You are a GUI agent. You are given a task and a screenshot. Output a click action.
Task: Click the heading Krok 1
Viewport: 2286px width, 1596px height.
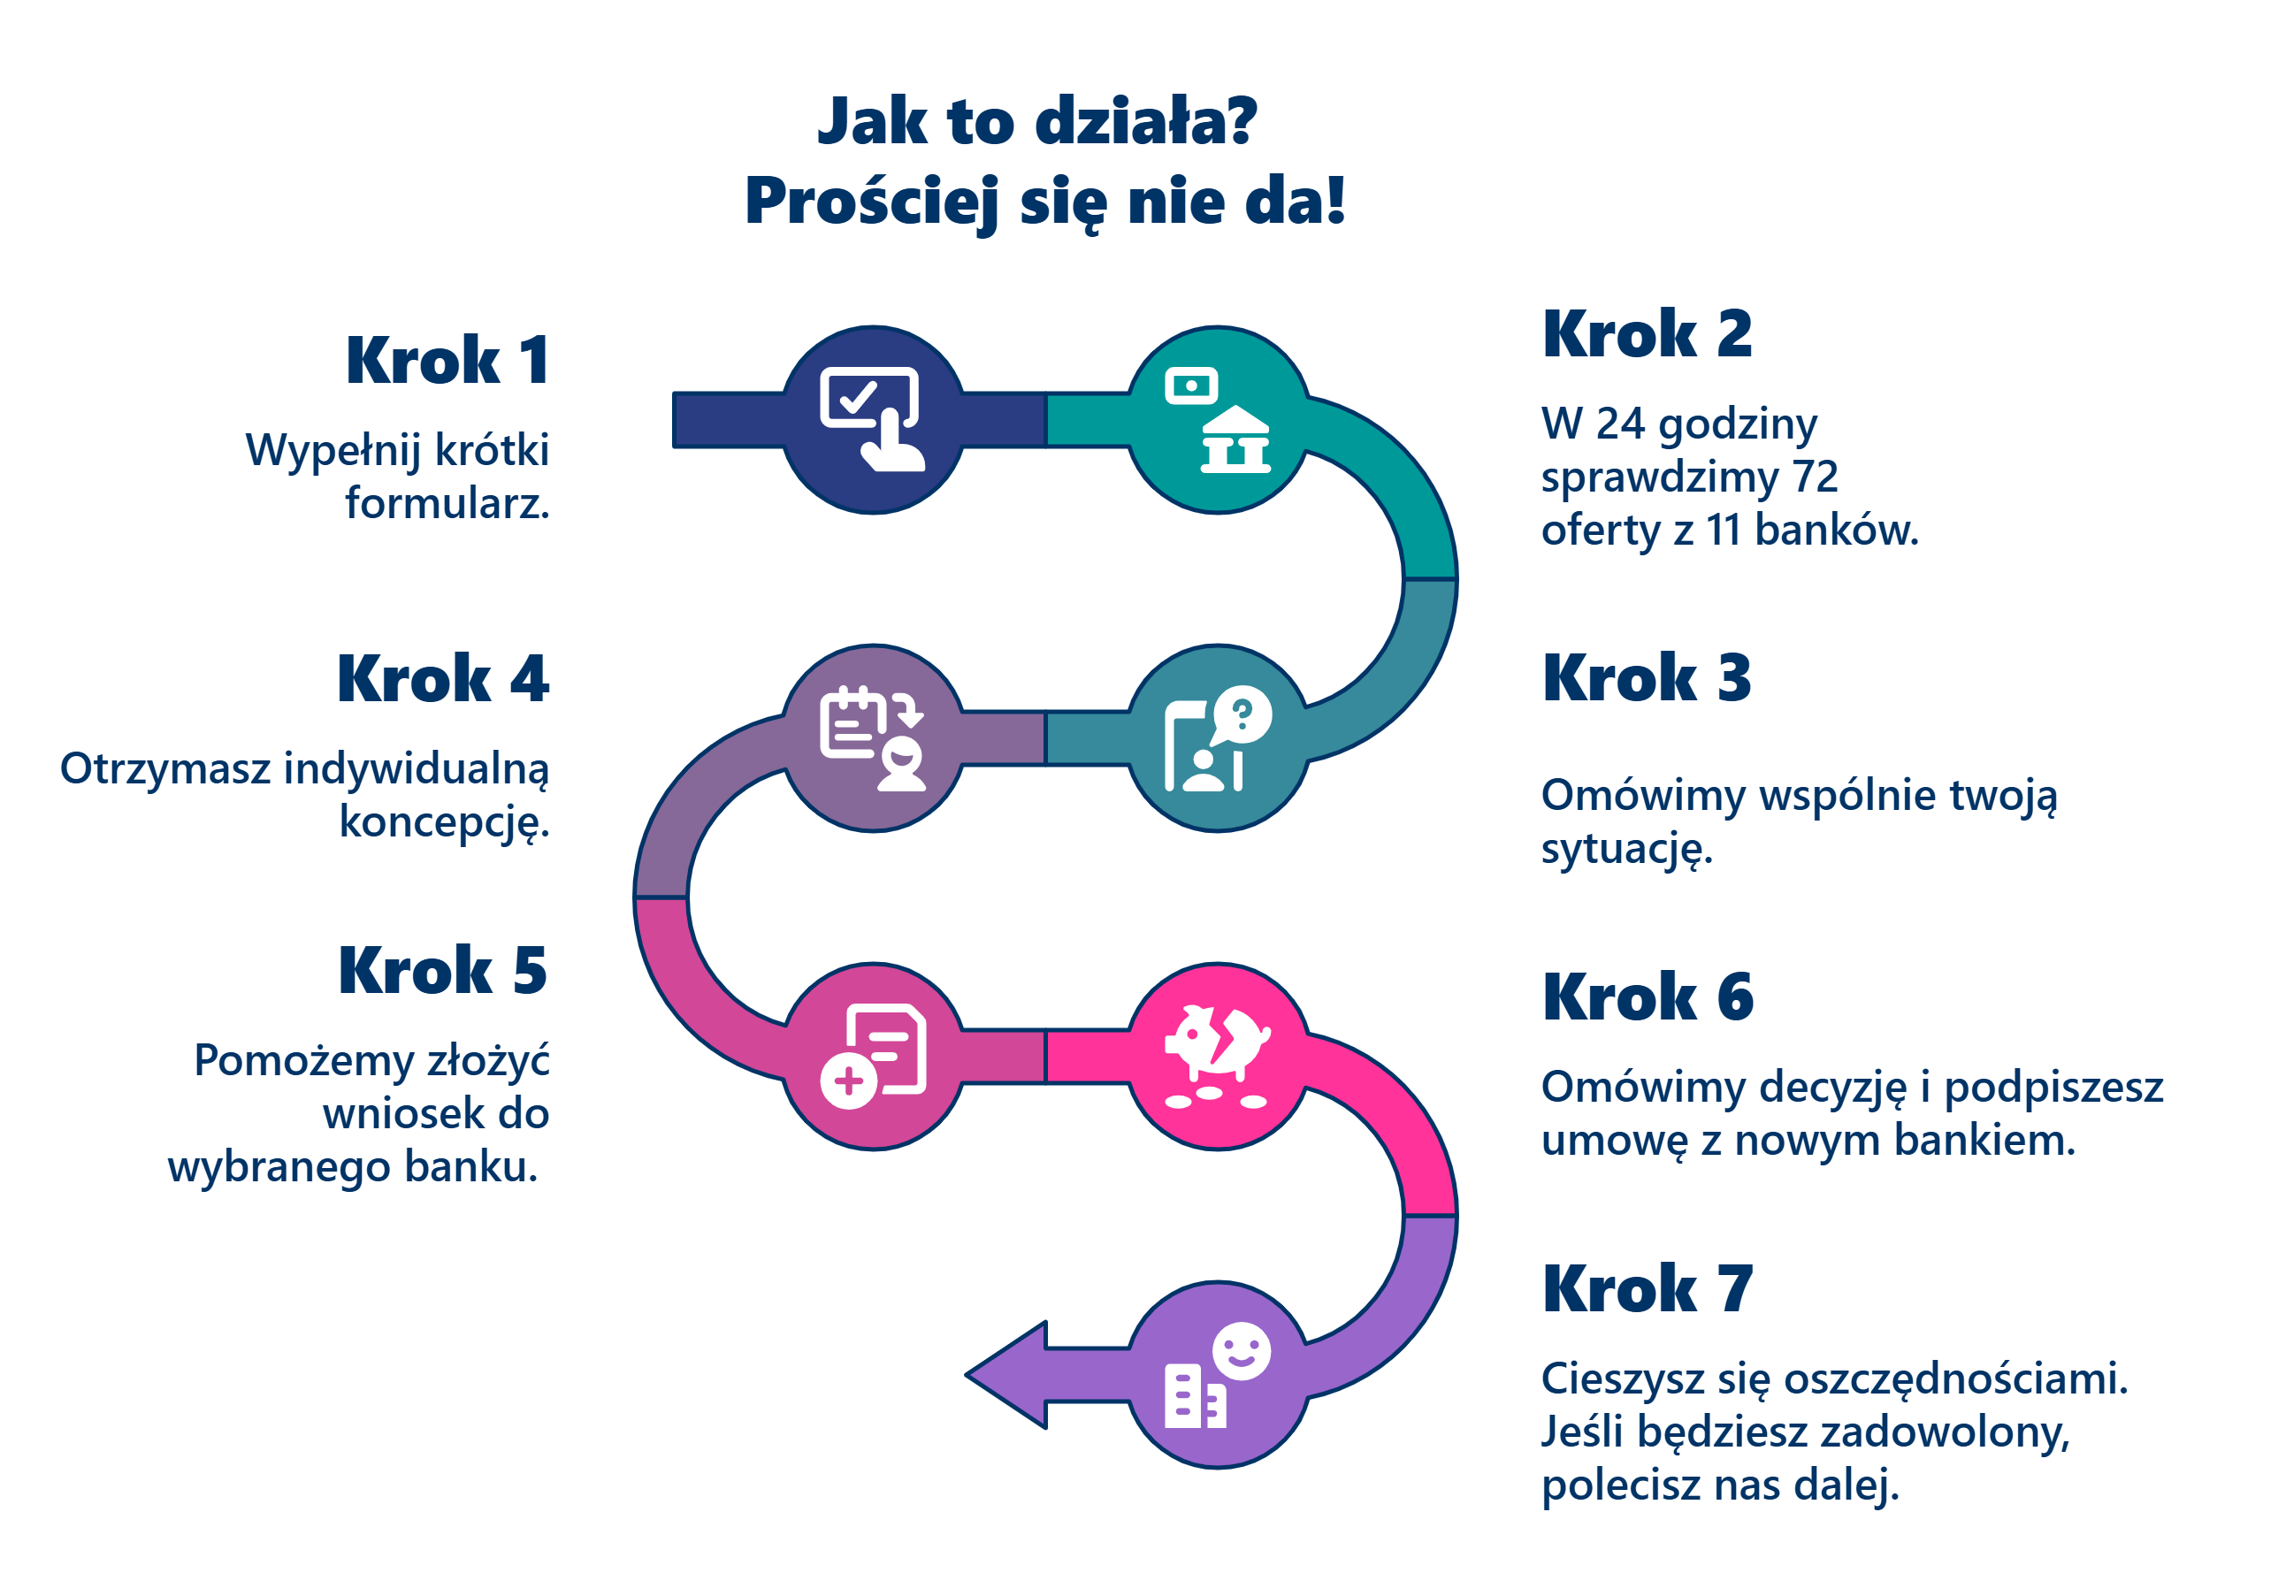[447, 361]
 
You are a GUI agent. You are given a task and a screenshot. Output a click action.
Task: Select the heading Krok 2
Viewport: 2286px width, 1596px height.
[1647, 334]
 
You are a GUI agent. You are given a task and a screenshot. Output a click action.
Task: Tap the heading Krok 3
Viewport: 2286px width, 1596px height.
[1647, 679]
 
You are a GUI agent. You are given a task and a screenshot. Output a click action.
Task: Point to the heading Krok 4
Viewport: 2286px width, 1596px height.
[443, 679]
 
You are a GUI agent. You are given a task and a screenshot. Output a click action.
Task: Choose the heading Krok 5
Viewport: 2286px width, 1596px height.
[443, 971]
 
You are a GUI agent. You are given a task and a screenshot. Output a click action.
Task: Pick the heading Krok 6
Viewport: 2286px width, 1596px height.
[1648, 997]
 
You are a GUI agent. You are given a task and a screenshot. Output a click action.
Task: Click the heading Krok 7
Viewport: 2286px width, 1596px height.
[1648, 1289]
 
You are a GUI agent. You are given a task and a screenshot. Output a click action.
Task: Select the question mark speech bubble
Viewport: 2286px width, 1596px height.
[1241, 714]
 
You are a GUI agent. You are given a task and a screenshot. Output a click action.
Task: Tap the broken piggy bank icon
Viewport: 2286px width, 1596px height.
[1217, 1045]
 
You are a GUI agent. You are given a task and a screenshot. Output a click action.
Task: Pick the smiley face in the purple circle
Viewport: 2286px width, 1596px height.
[1242, 1351]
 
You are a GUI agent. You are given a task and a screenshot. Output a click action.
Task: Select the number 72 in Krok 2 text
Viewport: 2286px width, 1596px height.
[1815, 477]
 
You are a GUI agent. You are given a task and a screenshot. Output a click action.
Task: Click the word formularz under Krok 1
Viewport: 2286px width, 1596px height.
[447, 504]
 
